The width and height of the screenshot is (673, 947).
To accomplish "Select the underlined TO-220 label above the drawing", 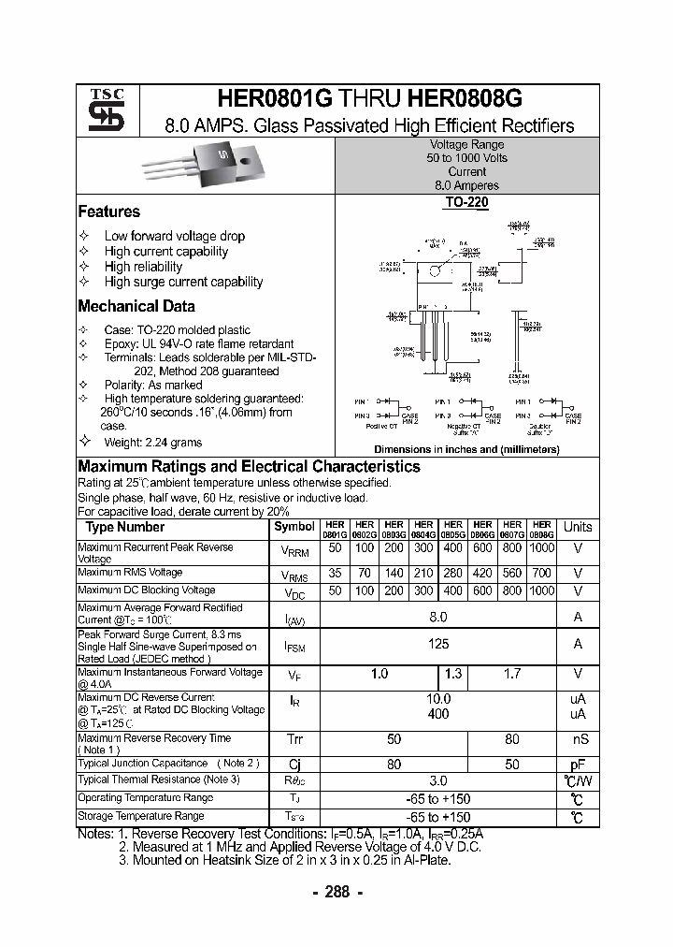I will coord(466,201).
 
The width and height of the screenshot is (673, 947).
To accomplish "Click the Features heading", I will coord(108,212).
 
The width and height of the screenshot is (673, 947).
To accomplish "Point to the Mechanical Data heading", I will coord(136,306).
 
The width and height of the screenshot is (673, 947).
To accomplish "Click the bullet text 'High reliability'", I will coord(143,267).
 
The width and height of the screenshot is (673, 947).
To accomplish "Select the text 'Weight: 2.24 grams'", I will coord(152,442).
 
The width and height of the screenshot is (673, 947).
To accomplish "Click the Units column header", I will coord(578,528).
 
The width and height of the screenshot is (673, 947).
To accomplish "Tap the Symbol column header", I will coord(294,528).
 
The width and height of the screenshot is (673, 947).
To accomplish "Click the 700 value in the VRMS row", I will coord(540,573).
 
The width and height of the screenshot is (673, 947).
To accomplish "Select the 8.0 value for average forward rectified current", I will coord(437,617).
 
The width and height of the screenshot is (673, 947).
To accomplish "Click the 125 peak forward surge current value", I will coord(437,644).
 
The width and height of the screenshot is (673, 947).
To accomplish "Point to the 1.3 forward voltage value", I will coord(453,674).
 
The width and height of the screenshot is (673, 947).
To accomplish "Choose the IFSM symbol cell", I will coord(294,645).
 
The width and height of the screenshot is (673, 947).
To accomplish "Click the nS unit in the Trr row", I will coord(578,739).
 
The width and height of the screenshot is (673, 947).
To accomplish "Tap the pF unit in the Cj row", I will coord(578,764).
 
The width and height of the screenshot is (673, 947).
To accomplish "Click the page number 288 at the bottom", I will coord(336,892).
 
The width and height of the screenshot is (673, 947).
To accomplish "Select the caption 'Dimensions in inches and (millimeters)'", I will coord(466,449).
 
